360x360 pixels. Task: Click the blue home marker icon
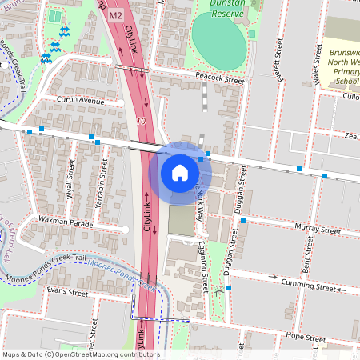point(180,172)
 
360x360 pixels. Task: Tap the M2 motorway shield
point(115,14)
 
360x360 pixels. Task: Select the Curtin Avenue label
point(81,101)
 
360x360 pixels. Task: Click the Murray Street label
point(318,228)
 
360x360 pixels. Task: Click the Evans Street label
point(67,293)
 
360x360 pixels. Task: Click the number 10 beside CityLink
point(141,121)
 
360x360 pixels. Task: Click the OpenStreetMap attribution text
point(80,354)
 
